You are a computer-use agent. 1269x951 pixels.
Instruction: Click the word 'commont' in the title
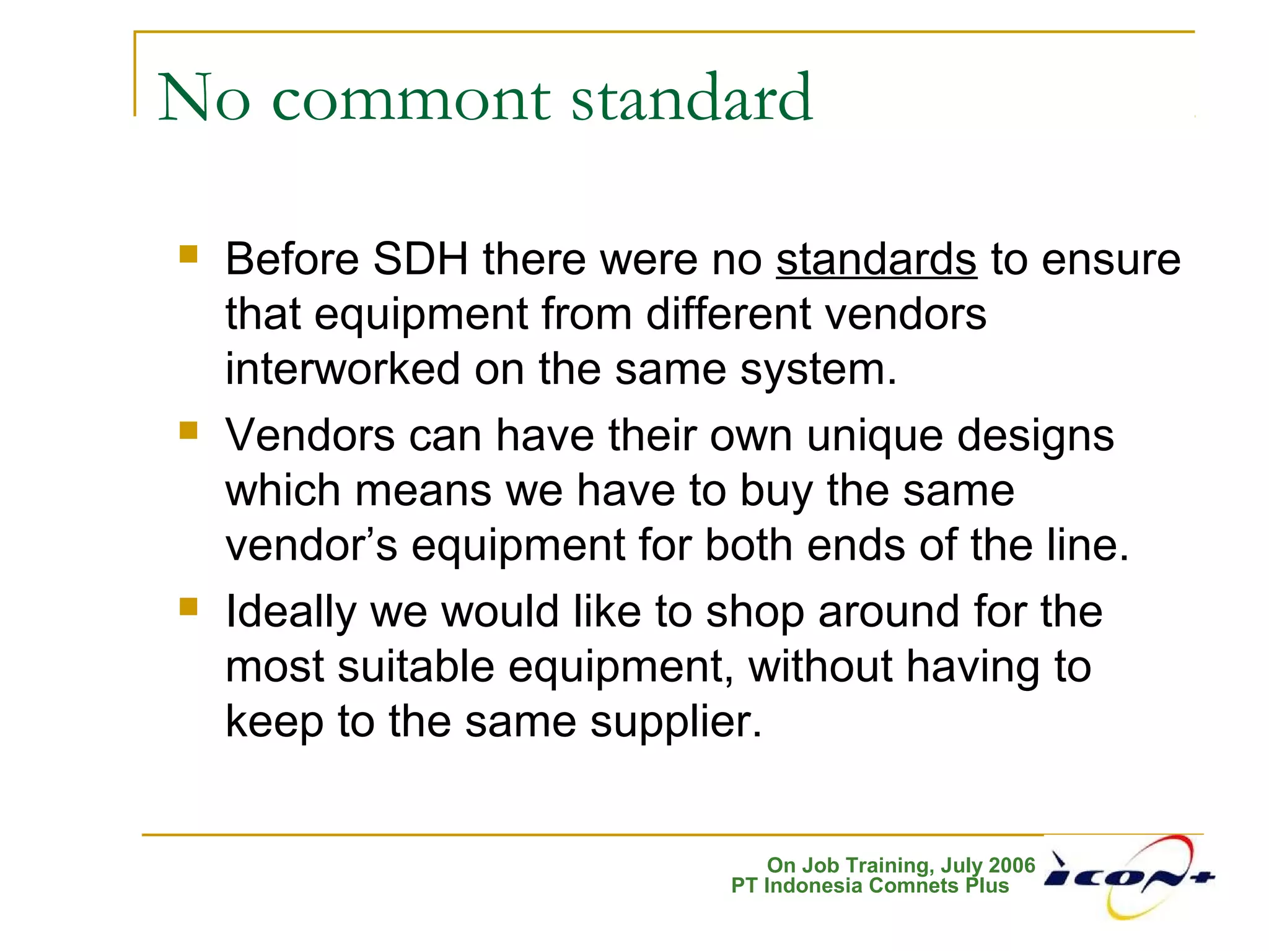click(x=410, y=99)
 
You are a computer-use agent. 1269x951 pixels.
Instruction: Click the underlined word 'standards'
click(x=876, y=259)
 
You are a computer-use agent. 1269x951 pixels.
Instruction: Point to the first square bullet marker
click(x=188, y=254)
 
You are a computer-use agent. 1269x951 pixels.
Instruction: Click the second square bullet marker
click(x=188, y=430)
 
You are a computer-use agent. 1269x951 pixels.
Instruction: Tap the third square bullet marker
click(x=188, y=606)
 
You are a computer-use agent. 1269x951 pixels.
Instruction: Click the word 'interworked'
click(x=343, y=369)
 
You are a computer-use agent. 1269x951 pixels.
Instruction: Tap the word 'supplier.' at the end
click(x=675, y=722)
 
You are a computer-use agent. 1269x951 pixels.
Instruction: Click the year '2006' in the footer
click(x=1012, y=865)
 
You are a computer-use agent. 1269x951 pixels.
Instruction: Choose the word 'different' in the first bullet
click(x=729, y=314)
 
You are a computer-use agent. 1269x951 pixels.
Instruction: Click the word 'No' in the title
click(x=204, y=99)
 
